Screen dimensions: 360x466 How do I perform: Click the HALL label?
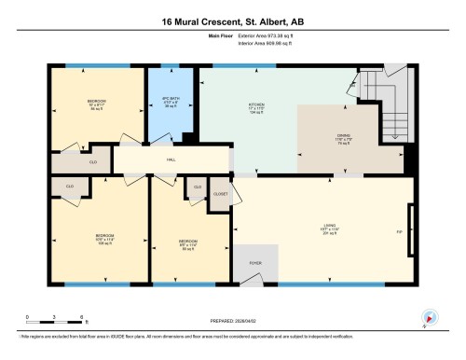tap(171, 159)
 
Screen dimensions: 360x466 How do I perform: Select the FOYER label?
tap(254, 263)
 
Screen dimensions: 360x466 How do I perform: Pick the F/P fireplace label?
tap(399, 229)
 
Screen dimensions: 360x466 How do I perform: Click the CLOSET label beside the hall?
tap(220, 195)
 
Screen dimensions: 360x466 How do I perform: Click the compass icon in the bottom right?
tap(430, 318)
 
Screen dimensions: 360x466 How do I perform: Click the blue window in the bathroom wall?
tap(170, 65)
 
